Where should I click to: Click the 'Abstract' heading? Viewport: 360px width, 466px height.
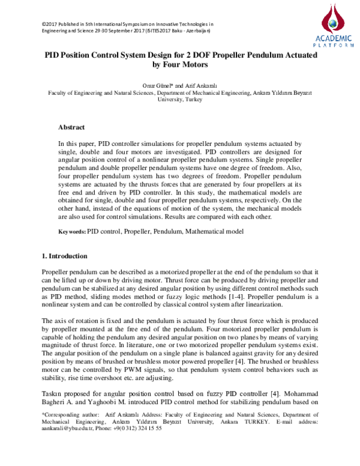[x=71, y=128]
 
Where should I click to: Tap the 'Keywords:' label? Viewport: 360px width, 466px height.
[x=71, y=231]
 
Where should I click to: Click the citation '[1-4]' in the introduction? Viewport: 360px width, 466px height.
[x=225, y=297]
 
